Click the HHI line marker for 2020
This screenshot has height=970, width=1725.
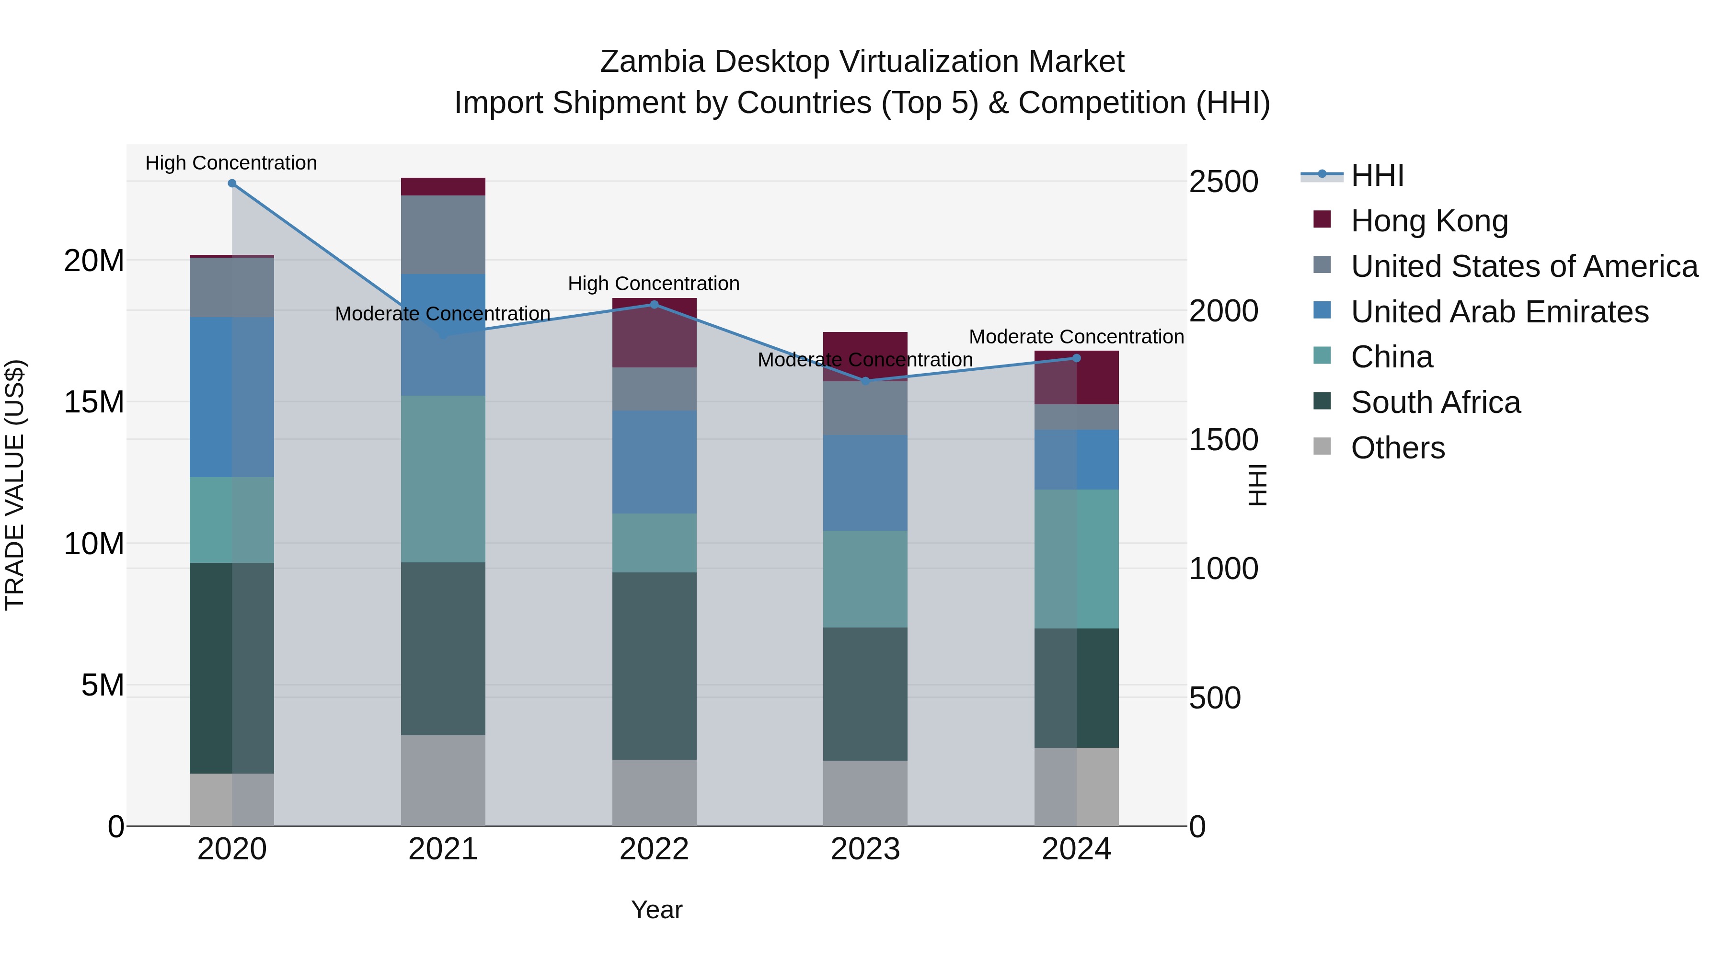click(232, 183)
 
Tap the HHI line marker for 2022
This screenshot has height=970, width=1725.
click(654, 305)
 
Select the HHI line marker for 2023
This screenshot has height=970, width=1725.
click(865, 381)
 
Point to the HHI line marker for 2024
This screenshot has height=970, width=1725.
click(1076, 358)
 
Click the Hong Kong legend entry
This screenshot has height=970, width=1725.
click(1429, 221)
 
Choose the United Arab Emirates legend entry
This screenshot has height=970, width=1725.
click(1499, 312)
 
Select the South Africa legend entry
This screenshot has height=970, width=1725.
click(1435, 403)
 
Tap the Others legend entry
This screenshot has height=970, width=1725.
click(1398, 448)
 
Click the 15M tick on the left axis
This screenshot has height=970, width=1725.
click(94, 402)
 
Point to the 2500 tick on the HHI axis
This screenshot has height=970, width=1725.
click(1223, 182)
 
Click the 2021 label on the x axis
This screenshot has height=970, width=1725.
click(443, 849)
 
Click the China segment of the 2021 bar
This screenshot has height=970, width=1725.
click(443, 479)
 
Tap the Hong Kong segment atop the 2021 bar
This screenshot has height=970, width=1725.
click(443, 187)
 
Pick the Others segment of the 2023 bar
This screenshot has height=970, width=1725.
click(865, 793)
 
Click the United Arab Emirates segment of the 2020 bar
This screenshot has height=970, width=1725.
click(232, 397)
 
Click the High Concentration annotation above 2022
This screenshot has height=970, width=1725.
click(654, 284)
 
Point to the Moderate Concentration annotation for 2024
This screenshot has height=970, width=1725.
click(1076, 337)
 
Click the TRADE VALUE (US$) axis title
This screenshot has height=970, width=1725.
click(15, 485)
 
